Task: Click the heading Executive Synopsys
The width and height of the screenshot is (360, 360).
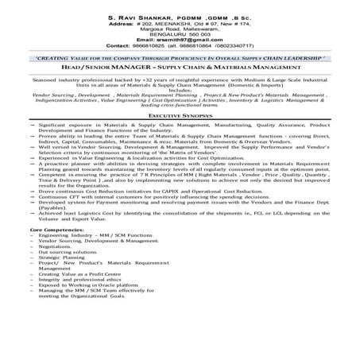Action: click(x=180, y=115)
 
